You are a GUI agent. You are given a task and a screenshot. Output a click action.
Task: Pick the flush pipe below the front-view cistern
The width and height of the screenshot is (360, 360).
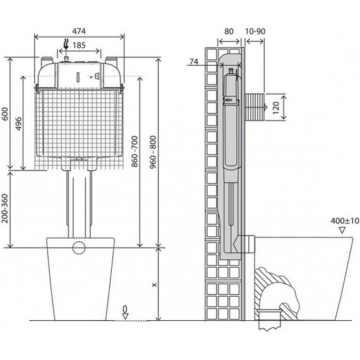click(78, 202)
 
